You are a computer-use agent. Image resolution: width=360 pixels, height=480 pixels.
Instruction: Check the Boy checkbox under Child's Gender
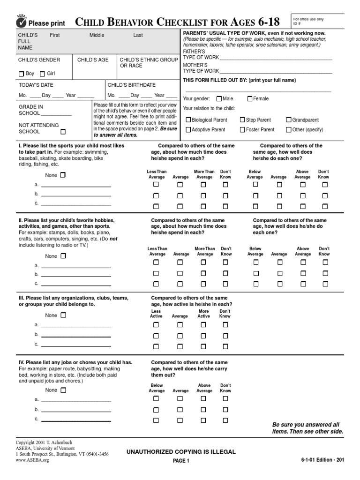point(21,74)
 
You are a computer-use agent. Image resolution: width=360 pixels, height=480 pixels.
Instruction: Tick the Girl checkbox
point(42,74)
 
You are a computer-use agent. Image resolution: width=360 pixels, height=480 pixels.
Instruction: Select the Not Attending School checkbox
point(63,132)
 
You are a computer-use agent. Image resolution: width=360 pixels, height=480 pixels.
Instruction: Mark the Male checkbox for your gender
point(219,99)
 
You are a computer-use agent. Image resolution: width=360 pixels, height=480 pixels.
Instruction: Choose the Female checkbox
point(250,99)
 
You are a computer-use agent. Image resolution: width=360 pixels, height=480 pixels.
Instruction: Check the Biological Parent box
point(188,120)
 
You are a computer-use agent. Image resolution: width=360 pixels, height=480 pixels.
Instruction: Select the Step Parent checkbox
point(242,120)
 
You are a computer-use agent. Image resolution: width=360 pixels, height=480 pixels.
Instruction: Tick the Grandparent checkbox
point(288,120)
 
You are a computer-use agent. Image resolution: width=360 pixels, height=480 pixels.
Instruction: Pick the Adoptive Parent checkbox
point(188,130)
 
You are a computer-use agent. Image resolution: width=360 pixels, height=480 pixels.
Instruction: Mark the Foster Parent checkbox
point(242,130)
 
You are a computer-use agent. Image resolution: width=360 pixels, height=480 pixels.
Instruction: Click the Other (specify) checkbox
point(288,130)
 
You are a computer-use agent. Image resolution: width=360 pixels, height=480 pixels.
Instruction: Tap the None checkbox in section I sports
point(63,175)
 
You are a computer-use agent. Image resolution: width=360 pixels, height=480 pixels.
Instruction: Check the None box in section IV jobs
point(63,390)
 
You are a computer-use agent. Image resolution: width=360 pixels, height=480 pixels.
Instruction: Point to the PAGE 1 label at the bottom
point(180,461)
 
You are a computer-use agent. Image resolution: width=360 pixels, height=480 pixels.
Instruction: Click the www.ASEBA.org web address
point(32,460)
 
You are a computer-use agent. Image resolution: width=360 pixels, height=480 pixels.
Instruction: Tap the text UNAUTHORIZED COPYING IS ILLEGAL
point(180,451)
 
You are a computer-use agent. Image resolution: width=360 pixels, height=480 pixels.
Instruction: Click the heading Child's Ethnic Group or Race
point(149,62)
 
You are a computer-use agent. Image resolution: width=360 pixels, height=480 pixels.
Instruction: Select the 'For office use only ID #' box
point(318,22)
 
